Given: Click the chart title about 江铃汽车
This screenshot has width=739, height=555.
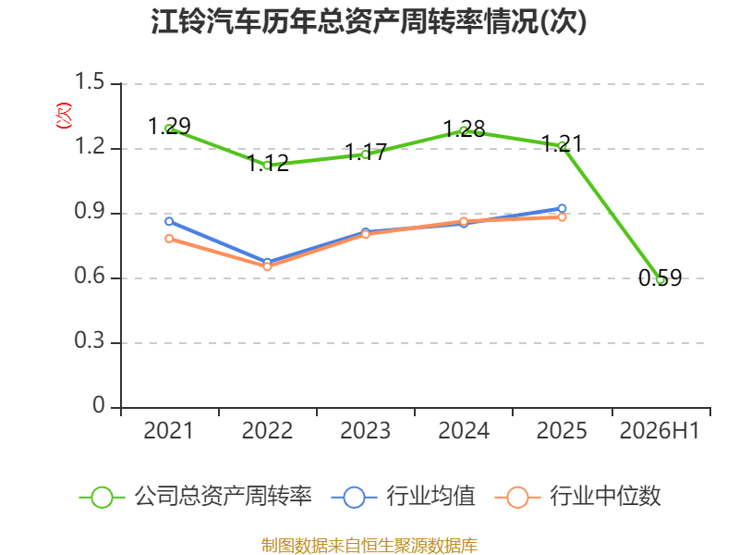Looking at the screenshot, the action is (369, 21).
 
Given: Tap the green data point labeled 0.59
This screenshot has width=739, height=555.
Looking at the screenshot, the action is (660, 280).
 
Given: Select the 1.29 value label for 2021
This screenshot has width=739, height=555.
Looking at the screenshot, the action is (169, 126).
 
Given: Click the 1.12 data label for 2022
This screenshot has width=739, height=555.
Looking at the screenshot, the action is (268, 164).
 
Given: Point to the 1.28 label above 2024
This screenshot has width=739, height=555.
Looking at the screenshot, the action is (465, 129).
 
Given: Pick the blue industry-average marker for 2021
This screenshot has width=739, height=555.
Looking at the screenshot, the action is (169, 221).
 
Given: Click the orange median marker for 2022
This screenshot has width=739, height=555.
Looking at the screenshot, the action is (267, 266).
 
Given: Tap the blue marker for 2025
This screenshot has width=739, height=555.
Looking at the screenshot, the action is (562, 208).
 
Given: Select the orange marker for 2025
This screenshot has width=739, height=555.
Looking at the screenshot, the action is (562, 217).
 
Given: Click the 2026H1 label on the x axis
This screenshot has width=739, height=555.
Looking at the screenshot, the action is (660, 430).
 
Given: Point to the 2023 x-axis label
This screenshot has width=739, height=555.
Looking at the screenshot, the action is (365, 430).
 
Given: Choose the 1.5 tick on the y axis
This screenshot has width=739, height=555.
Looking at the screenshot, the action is (90, 81).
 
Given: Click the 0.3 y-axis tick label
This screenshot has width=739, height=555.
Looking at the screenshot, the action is (90, 340).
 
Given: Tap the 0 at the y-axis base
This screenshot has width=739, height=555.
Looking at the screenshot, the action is (99, 405).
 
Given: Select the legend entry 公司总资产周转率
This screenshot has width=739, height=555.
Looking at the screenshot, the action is (195, 497).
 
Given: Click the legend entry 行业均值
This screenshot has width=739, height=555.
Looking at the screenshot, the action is (404, 497).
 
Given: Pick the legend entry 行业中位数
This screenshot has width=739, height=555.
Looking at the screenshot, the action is (578, 497).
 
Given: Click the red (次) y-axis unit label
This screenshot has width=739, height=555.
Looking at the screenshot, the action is (64, 116).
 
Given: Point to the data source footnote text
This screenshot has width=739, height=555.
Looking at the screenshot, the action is (369, 546).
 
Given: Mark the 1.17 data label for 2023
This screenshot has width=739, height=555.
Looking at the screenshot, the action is (366, 152).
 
